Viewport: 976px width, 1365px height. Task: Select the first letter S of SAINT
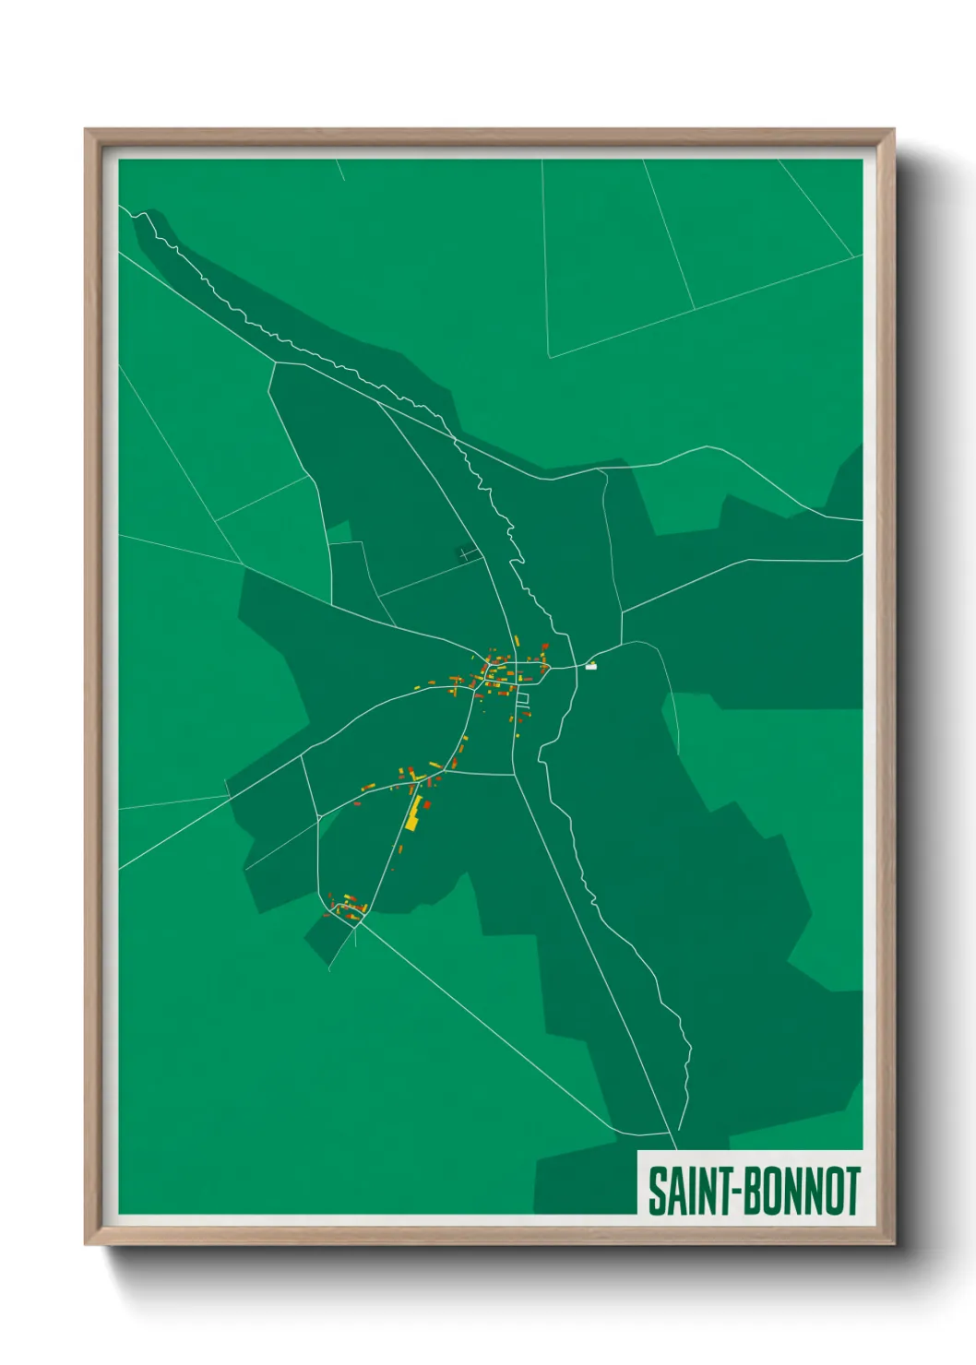click(x=657, y=1191)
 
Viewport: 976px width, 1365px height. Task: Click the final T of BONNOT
click(x=852, y=1191)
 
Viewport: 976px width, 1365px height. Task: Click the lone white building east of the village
click(x=591, y=666)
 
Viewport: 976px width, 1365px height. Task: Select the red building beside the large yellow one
click(x=427, y=805)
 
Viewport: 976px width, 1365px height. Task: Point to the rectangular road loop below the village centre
click(x=523, y=700)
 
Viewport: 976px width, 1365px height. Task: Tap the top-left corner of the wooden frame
click(x=86, y=130)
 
